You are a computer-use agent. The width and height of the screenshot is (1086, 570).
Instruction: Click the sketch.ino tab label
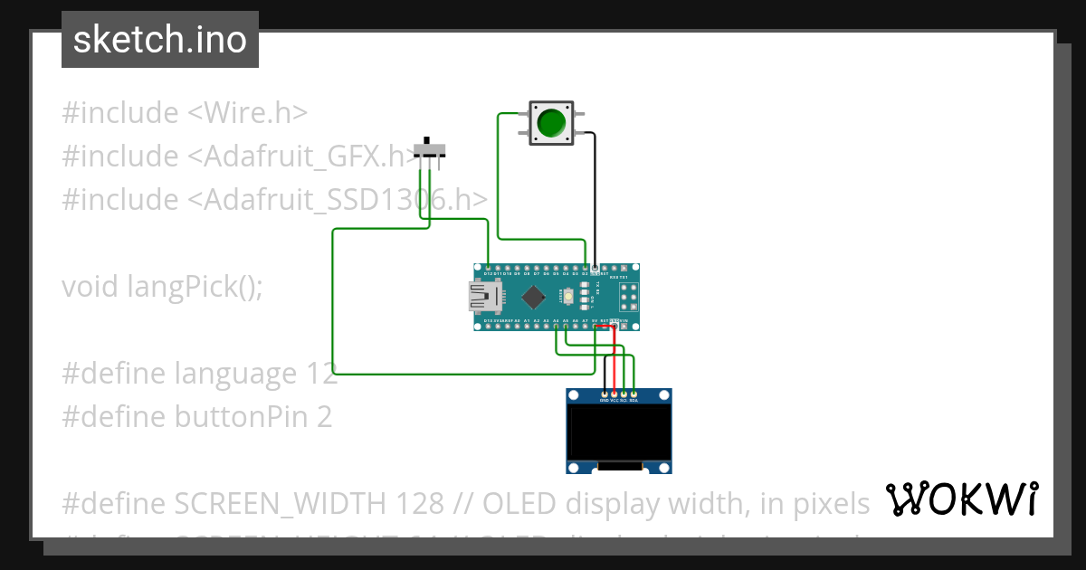coord(160,40)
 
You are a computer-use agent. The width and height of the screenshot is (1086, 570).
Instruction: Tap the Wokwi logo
coord(961,499)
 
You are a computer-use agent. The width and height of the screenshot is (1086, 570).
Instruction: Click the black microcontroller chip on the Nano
coord(534,296)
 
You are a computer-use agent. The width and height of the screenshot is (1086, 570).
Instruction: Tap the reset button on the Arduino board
coord(567,296)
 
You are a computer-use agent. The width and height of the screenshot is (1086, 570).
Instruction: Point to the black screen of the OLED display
coord(619,432)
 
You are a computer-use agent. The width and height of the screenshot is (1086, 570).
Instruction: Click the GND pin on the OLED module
coord(604,394)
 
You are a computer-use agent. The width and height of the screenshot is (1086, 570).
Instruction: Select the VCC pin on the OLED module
coord(614,394)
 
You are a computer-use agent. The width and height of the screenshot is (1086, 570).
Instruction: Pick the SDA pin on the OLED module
coord(633,394)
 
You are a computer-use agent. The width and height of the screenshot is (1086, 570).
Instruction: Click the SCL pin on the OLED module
coord(624,394)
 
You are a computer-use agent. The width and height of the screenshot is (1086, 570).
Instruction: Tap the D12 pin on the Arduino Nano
coord(489,269)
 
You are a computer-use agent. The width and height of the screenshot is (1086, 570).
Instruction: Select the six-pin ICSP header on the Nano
coord(628,296)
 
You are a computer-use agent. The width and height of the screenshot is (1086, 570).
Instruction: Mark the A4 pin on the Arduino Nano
coord(556,324)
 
